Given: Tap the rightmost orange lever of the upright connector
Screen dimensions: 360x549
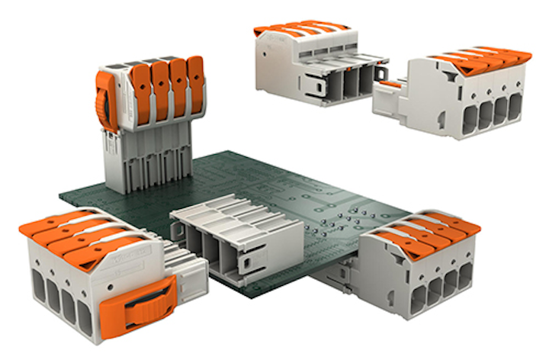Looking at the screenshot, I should click(x=195, y=84).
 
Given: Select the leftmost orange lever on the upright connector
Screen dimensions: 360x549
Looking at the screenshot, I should click(x=141, y=88).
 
